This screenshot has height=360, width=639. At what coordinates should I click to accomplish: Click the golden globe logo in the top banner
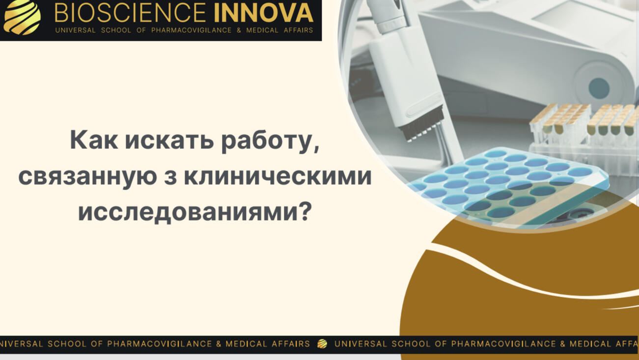point(22,17)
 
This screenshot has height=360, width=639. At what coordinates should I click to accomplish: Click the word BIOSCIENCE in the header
point(130,13)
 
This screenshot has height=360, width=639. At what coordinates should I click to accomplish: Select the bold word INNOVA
point(264,13)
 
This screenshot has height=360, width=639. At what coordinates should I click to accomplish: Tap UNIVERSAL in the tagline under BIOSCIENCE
point(75,30)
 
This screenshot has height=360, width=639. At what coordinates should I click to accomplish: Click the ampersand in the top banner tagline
point(239,30)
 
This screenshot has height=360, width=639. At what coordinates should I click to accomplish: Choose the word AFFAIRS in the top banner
point(298,30)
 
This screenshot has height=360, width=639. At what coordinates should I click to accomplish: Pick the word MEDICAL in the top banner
point(262,30)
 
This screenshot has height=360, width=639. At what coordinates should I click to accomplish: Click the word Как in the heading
point(94,140)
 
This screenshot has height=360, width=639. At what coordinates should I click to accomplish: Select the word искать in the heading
point(169,140)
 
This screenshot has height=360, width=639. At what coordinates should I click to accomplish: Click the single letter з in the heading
point(170,177)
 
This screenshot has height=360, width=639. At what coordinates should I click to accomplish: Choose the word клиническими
point(278,176)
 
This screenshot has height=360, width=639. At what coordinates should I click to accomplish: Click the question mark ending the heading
point(305,211)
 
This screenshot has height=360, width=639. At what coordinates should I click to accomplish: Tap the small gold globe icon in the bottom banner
point(322,344)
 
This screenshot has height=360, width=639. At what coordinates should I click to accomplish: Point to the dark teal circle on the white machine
point(599,87)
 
